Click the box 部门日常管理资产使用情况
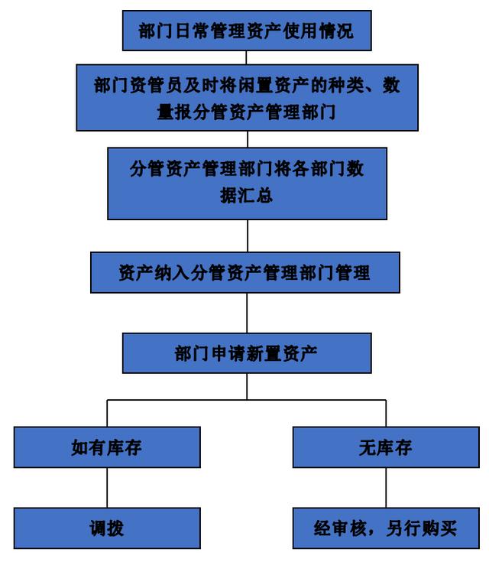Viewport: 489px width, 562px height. click(x=246, y=31)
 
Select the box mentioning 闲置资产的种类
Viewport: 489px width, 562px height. click(x=246, y=97)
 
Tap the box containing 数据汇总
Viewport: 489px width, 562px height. click(x=246, y=183)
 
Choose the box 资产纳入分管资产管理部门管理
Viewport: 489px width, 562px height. click(x=244, y=272)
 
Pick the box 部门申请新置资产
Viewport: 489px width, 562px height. click(x=246, y=353)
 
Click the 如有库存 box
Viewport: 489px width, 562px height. click(x=107, y=447)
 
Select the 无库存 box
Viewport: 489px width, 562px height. click(x=385, y=447)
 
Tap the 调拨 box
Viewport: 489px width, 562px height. click(x=107, y=528)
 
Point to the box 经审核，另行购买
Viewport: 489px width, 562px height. click(x=385, y=528)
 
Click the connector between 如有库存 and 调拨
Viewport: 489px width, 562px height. click(x=107, y=488)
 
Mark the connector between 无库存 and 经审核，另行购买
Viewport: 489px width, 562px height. click(x=385, y=488)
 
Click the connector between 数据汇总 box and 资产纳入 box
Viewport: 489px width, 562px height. click(x=246, y=236)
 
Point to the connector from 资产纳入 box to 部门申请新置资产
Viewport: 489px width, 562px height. click(x=246, y=313)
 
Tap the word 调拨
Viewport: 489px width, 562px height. click(x=107, y=528)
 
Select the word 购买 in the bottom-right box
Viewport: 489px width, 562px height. click(x=438, y=528)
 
